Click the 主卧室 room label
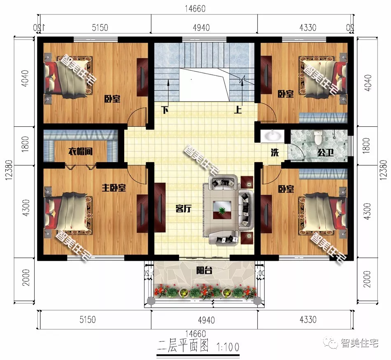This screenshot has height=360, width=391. tap(114, 188)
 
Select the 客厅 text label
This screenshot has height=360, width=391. tap(184, 209)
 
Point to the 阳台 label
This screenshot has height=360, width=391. tap(202, 271)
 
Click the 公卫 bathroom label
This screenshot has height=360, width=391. tap(324, 152)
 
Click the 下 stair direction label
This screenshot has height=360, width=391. tap(165, 110)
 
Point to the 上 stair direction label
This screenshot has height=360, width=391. tap(238, 110)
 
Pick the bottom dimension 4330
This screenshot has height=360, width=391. tap(307, 319)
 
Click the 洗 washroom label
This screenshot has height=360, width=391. tap(275, 152)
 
